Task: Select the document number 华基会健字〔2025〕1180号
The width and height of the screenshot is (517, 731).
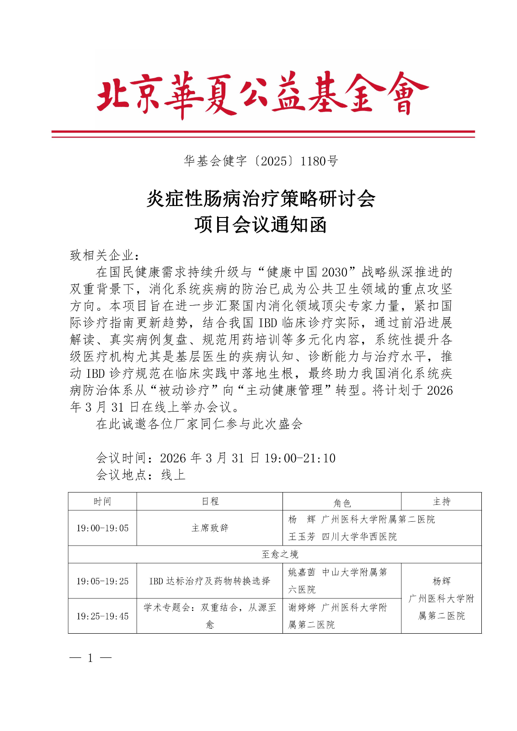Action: point(261,161)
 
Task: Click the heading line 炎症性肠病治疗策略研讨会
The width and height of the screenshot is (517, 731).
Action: point(261,199)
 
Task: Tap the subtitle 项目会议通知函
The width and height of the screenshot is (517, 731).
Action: point(261,225)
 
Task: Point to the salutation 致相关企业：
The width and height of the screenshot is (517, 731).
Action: point(105,255)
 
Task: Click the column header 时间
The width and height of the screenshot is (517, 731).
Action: point(102,502)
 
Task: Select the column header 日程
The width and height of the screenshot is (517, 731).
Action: point(210,502)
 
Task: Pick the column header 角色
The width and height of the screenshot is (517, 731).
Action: point(342,503)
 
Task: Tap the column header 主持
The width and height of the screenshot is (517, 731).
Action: point(441,502)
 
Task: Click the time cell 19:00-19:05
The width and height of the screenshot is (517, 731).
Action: point(102,528)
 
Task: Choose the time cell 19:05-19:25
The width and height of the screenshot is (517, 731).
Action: point(102,581)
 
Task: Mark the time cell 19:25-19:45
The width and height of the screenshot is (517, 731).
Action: point(102,616)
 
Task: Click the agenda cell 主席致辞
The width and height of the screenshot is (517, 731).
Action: point(210,528)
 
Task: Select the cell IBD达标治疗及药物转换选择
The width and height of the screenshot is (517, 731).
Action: point(210,581)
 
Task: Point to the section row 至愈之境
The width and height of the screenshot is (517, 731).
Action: point(280,555)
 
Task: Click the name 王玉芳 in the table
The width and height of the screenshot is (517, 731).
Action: point(302,537)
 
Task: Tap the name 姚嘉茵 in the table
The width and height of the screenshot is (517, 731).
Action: point(302,572)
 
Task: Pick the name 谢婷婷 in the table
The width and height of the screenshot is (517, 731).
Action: point(302,608)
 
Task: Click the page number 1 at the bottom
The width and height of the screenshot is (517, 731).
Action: point(91,658)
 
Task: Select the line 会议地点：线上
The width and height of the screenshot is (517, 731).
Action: point(141,475)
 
